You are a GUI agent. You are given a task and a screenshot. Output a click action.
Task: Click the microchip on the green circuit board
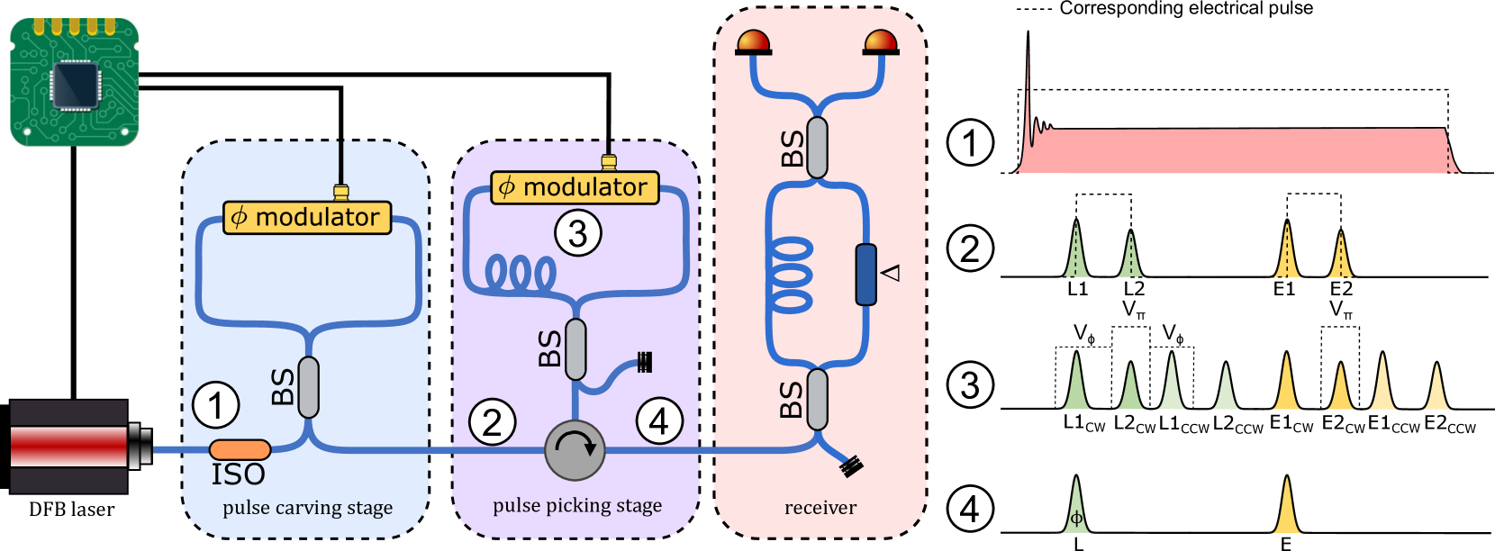(75, 85)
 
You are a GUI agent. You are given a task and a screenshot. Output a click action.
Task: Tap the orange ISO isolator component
(240, 449)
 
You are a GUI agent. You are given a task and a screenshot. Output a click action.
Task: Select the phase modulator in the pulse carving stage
(307, 217)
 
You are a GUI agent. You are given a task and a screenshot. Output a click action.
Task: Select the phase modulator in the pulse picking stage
(575, 187)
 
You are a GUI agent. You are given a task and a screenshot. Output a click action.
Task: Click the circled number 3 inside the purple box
(577, 233)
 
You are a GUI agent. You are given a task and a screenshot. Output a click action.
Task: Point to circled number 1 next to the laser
(216, 405)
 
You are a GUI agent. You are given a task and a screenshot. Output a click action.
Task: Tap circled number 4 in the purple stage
(659, 420)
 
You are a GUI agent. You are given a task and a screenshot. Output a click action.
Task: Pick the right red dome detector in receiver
(880, 42)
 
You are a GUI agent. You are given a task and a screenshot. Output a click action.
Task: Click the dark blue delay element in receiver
(865, 274)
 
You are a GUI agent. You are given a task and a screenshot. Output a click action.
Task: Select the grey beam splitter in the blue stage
(308, 387)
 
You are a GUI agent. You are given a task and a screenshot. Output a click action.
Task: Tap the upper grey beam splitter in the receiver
(817, 148)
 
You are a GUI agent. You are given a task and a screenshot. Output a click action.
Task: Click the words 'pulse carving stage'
(307, 508)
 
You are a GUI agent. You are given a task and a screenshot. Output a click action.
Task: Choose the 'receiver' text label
(820, 508)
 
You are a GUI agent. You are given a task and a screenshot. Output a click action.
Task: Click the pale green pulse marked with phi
(1076, 510)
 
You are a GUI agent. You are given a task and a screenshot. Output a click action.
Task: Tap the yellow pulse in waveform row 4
(1287, 510)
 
